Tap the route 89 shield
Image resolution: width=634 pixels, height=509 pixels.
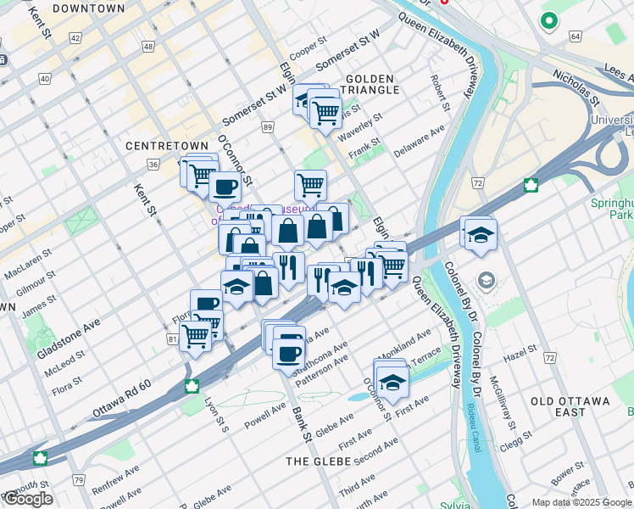click(x=268, y=127)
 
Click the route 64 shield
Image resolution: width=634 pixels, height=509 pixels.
click(x=576, y=36)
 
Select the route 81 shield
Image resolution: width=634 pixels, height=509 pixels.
click(x=173, y=339)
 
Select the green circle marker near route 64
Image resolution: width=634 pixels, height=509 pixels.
click(x=549, y=20)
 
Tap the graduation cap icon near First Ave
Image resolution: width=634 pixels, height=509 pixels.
click(x=392, y=384)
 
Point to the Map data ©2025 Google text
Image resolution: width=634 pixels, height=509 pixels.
click(x=581, y=502)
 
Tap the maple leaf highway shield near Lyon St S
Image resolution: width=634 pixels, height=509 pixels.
click(x=192, y=388)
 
